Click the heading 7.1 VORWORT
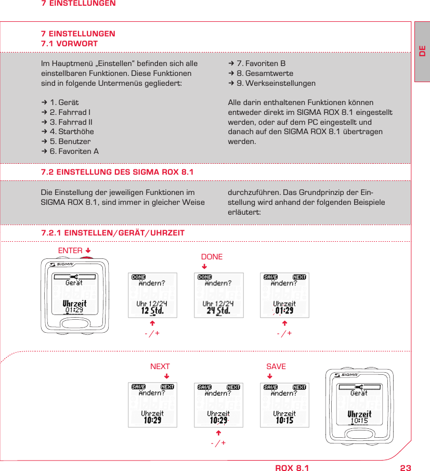tap(69, 44)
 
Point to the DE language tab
tap(422, 52)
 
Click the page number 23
tap(405, 468)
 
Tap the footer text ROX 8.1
tap(292, 468)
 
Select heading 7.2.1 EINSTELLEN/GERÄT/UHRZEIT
tap(113, 233)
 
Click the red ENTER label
tap(70, 251)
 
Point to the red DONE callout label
tap(212, 257)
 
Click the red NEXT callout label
tap(160, 367)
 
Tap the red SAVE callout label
tap(276, 367)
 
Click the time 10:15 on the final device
tap(359, 421)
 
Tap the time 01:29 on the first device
tap(74, 310)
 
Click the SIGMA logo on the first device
tap(64, 265)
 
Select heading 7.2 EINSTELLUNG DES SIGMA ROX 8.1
tap(117, 172)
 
